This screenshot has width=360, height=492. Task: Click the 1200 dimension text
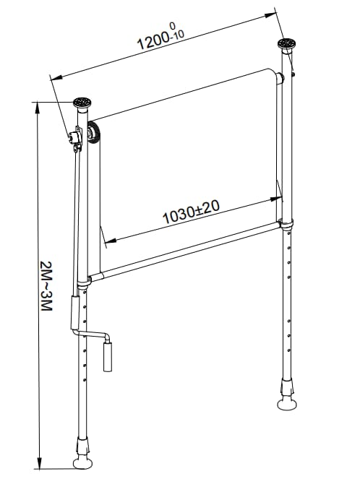tap(153, 40)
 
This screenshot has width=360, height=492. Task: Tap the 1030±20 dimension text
tap(191, 212)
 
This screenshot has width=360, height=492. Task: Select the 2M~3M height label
tap(46, 286)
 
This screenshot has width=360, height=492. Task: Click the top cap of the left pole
tap(82, 103)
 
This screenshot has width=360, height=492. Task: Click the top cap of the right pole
tap(287, 43)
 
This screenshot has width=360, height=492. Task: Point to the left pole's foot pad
tap(82, 463)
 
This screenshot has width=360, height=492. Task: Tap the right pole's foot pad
tap(287, 405)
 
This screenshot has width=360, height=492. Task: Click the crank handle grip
tap(108, 357)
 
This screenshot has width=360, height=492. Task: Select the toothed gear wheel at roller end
tap(93, 133)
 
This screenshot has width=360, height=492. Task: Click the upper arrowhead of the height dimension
tap(38, 108)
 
